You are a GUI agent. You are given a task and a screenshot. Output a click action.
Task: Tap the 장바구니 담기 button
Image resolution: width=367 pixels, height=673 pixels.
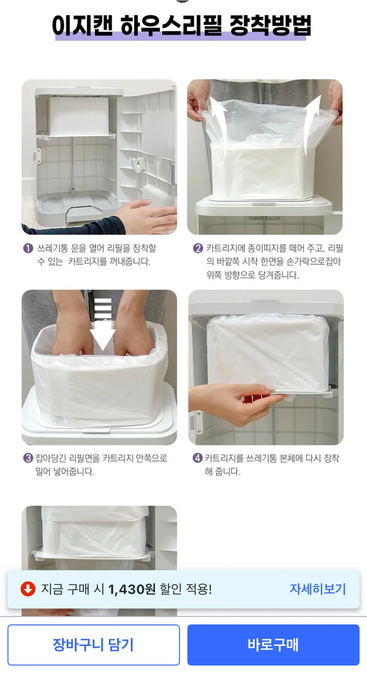tap(93, 645)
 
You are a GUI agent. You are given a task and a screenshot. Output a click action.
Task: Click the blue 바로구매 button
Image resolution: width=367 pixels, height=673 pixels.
tap(273, 645)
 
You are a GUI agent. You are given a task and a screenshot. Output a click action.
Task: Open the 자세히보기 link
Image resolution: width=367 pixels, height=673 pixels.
tap(318, 589)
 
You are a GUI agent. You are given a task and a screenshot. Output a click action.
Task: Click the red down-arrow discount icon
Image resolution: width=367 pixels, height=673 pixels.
tap(28, 589)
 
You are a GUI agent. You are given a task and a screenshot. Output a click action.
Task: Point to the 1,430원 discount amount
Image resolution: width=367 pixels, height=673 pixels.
tap(132, 589)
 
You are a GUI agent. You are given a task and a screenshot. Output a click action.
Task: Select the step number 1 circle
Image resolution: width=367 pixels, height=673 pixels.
tap(28, 248)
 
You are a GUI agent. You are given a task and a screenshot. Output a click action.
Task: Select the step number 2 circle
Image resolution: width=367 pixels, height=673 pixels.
tap(198, 248)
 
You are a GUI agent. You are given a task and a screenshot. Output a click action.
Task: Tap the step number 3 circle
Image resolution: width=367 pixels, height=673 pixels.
tap(28, 458)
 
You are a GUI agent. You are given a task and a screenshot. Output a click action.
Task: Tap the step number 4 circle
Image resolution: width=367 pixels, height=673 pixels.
tap(197, 458)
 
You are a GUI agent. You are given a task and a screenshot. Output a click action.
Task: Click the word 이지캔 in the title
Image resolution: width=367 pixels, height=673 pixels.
tap(82, 25)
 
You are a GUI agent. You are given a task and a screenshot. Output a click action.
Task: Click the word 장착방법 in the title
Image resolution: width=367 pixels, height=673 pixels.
tap(271, 25)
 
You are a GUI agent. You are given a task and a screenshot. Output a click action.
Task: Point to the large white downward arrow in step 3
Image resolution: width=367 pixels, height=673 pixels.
tap(103, 325)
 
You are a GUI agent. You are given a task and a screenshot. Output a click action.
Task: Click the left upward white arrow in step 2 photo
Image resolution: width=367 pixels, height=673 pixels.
tap(219, 123)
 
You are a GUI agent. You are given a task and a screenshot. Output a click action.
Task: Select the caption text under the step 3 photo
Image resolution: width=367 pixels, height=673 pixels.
tap(101, 465)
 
